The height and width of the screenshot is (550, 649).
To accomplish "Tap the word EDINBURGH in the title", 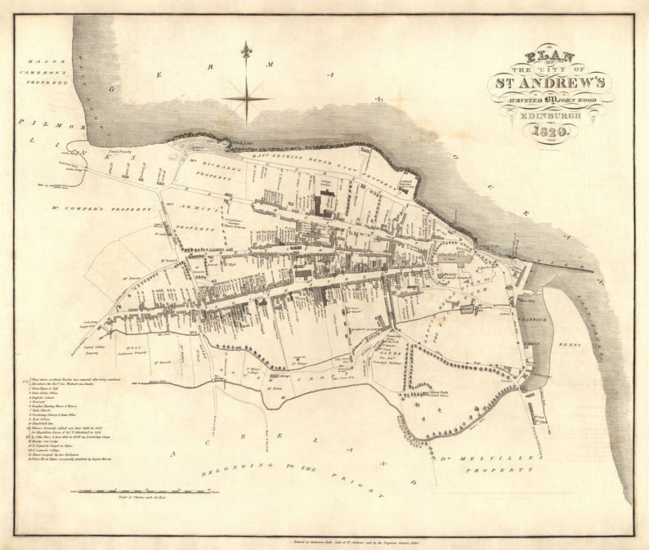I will (x=549, y=115).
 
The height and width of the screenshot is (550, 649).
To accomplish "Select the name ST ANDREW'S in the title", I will (x=548, y=83).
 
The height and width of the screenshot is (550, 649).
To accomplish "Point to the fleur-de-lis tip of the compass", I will (x=246, y=51).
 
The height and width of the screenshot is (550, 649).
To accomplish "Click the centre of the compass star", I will (x=246, y=98).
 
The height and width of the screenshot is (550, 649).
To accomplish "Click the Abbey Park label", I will (x=440, y=393).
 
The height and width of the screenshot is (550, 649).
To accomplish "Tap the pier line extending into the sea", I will (x=564, y=264).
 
